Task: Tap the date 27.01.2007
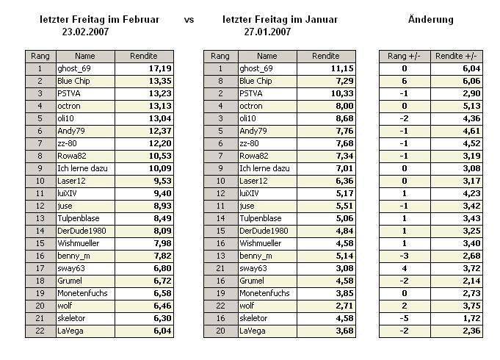click(x=267, y=32)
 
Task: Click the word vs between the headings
click(x=189, y=19)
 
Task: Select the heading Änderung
click(x=430, y=19)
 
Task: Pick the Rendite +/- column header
click(x=456, y=56)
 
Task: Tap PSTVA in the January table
click(x=252, y=93)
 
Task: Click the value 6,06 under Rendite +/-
click(x=469, y=81)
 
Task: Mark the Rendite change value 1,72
click(x=469, y=318)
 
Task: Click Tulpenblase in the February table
click(x=77, y=218)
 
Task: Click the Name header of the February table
click(x=85, y=56)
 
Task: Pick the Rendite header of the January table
click(x=326, y=56)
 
